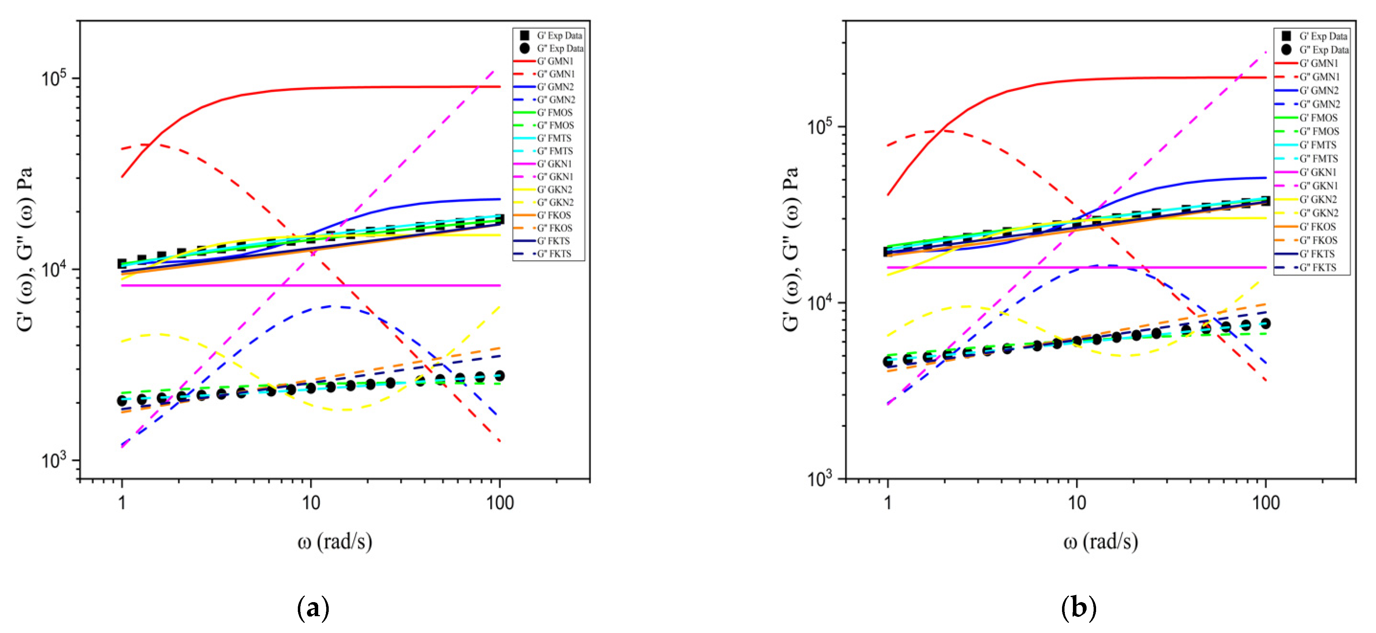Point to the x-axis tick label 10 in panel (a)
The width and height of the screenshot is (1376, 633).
click(311, 502)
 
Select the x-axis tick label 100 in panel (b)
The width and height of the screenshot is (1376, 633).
click(1265, 502)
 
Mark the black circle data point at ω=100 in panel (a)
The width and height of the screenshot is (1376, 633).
click(499, 376)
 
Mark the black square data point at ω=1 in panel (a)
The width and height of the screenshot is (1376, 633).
click(122, 264)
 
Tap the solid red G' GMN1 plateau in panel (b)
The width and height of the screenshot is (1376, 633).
click(1175, 78)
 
